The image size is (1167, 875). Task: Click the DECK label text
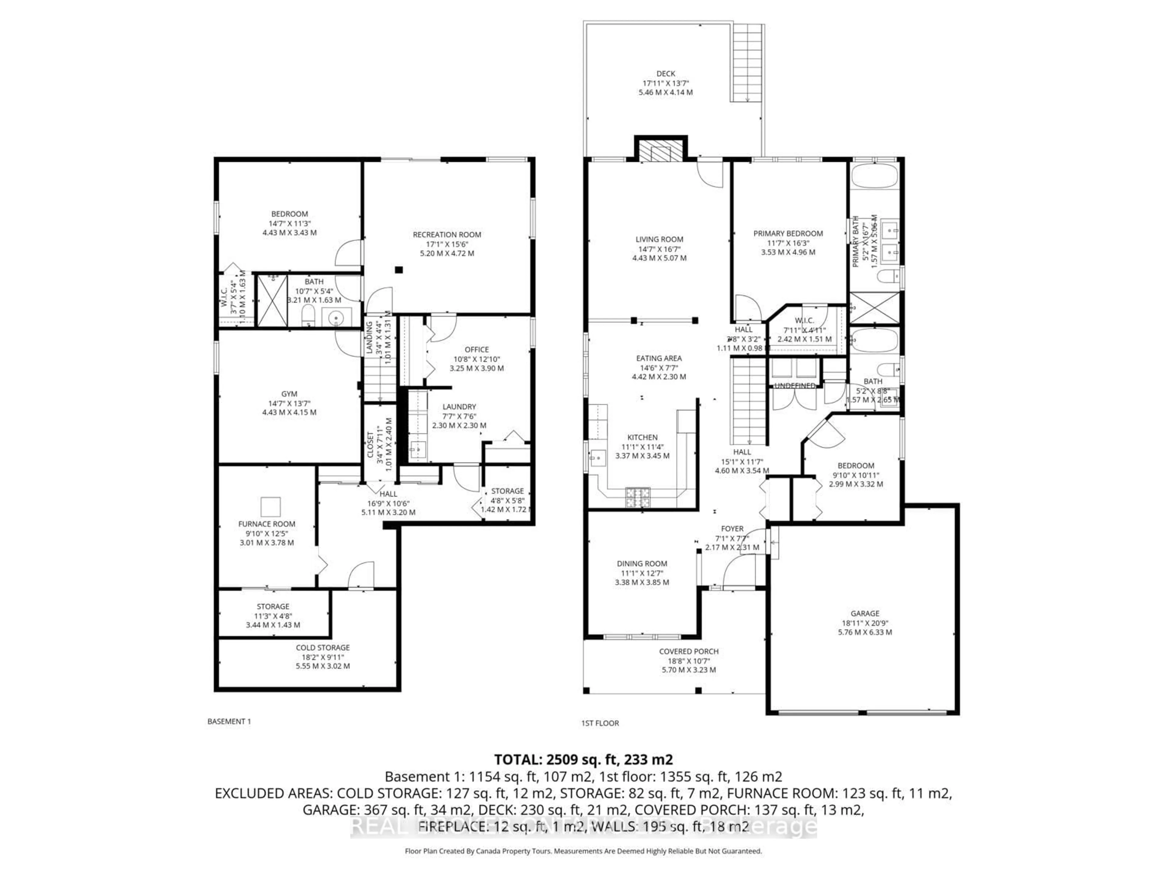pos(666,74)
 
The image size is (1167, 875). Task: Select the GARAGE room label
pos(865,613)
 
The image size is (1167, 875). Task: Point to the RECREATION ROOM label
pos(447,235)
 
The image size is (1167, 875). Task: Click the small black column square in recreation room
pos(399,270)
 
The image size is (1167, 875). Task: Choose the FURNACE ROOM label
pos(267,524)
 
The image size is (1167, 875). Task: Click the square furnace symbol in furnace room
pos(271,506)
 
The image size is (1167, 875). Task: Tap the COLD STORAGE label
pos(322,647)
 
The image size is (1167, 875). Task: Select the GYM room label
pos(289,393)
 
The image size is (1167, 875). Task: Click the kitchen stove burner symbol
pos(638,497)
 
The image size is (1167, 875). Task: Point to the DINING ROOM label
pos(642,563)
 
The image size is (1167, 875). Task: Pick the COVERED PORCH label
pos(688,651)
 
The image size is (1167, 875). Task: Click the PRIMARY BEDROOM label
pos(788,234)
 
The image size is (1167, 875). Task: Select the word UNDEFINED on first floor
pos(794,386)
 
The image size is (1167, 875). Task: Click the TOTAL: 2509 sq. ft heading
pos(583,760)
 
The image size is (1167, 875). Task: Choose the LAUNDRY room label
pos(459,407)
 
